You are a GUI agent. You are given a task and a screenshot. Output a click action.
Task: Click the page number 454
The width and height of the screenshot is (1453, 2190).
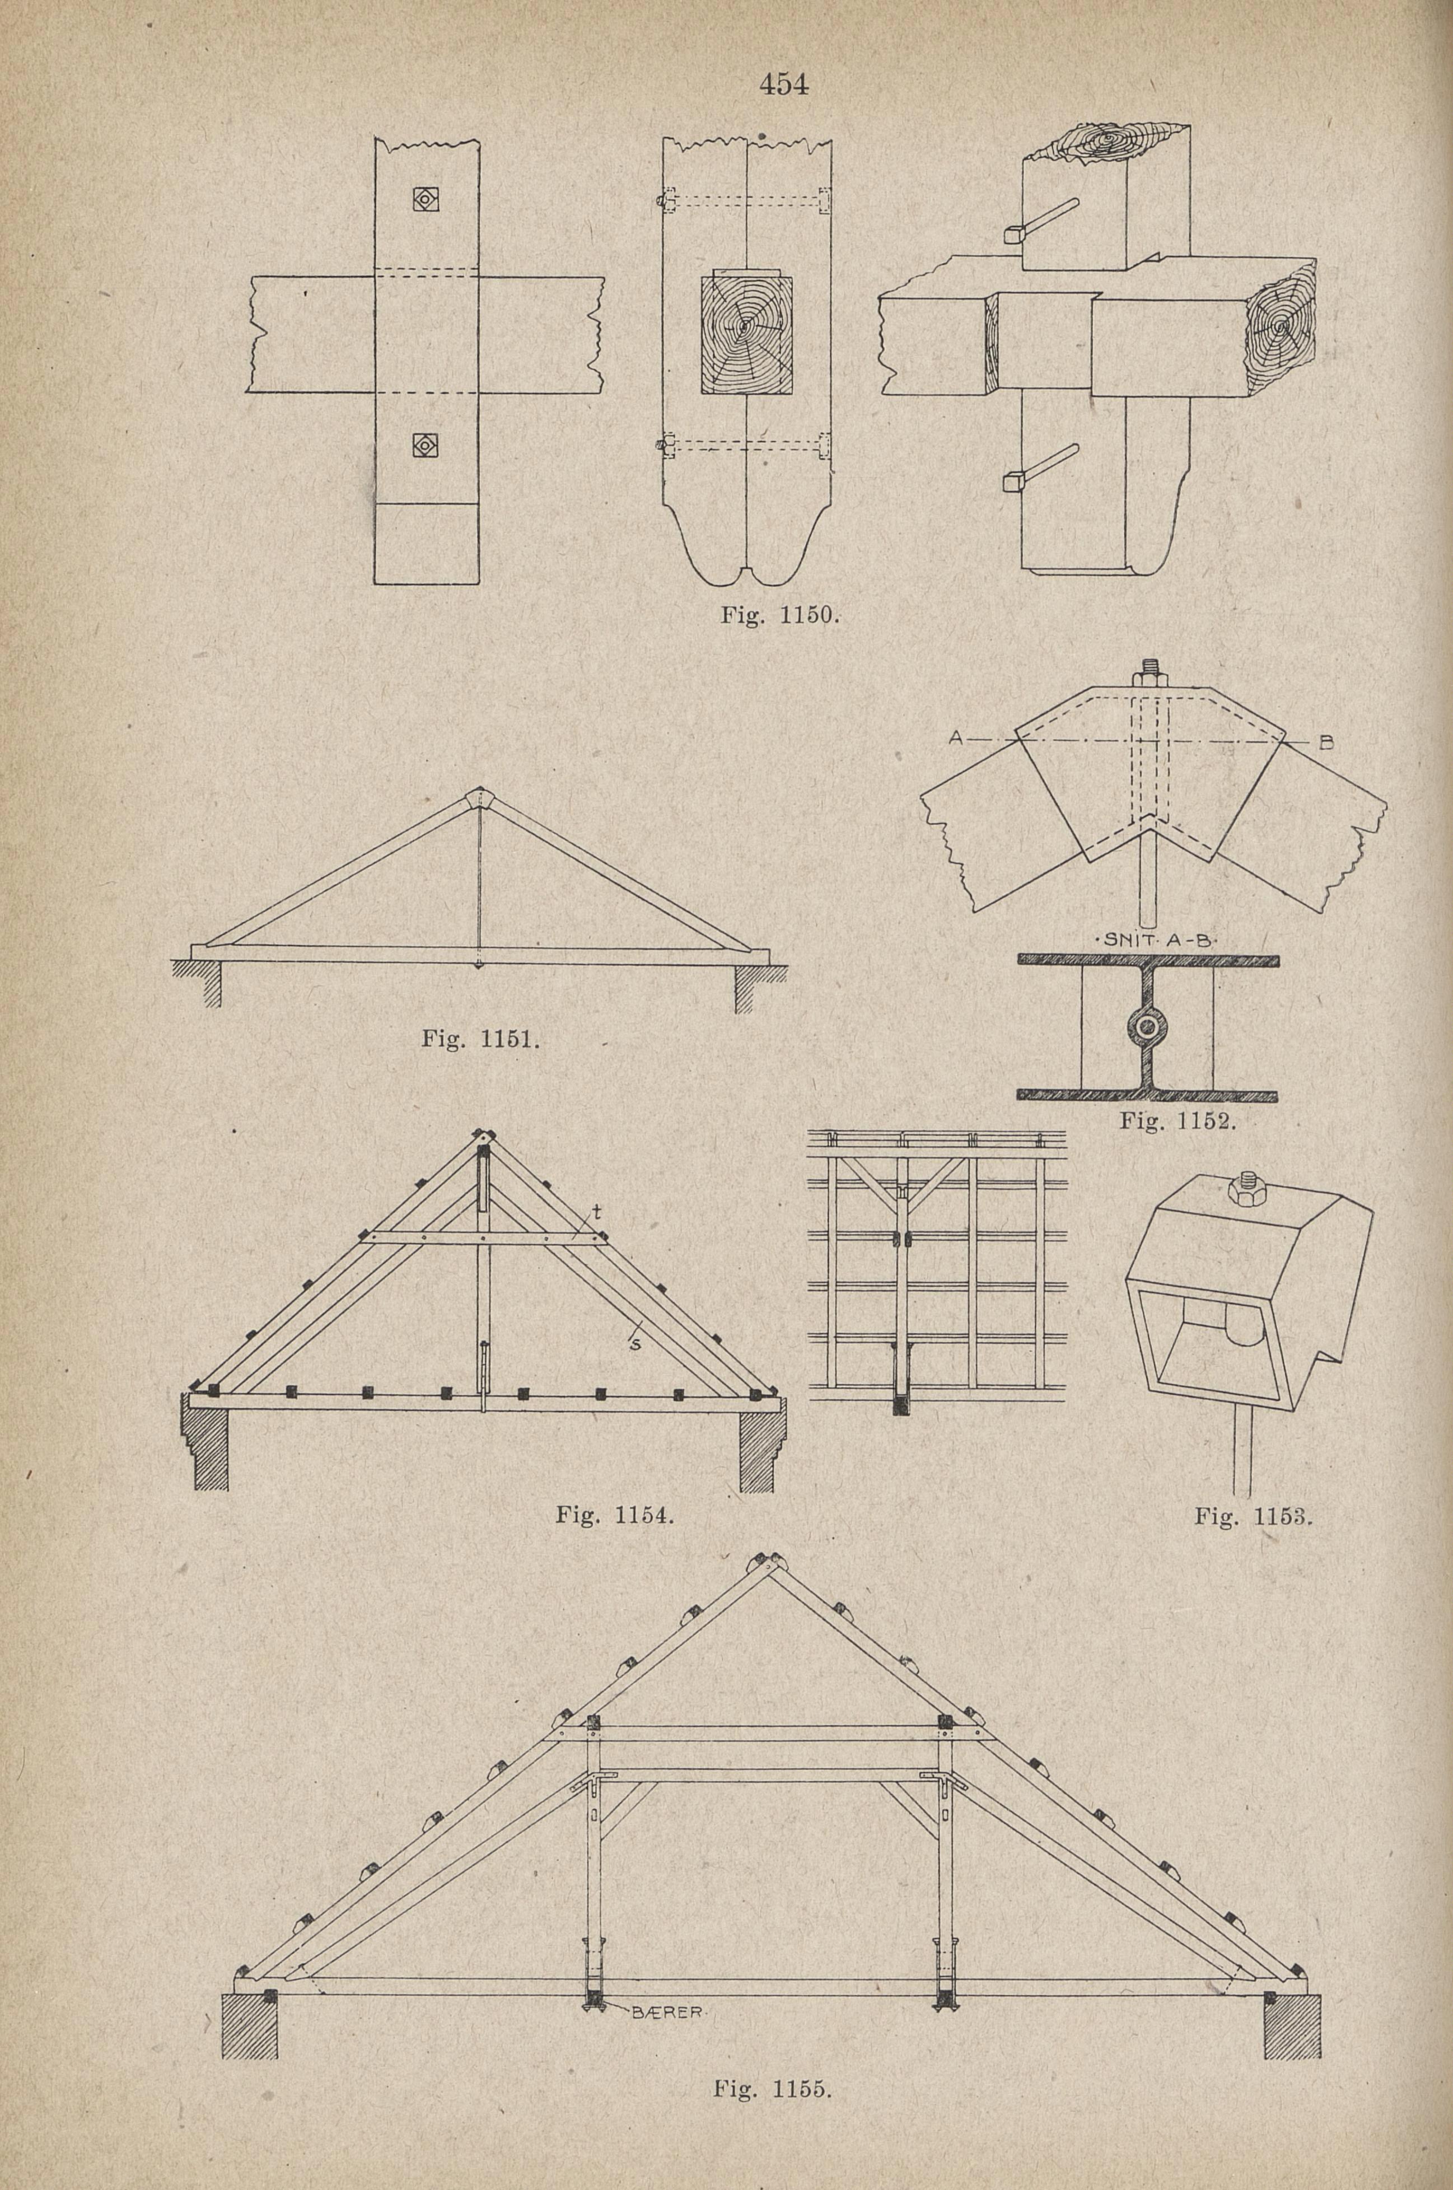click(783, 85)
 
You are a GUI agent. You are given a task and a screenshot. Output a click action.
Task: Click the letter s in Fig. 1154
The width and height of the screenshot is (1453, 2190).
click(636, 1345)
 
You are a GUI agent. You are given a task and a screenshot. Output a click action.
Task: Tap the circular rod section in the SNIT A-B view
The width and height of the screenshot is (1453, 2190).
click(1148, 1025)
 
